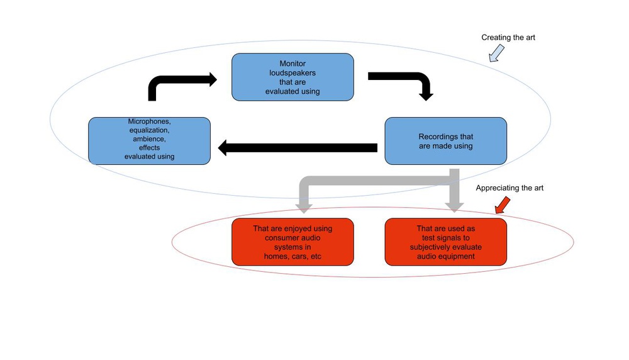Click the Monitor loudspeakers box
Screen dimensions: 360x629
tap(292, 77)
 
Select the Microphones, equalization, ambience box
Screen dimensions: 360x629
tap(149, 140)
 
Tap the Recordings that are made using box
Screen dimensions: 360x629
tap(445, 141)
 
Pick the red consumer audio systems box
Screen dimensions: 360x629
tap(292, 242)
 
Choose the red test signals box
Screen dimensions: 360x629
tap(445, 242)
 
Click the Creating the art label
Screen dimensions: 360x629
tap(508, 38)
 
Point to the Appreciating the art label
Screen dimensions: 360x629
tap(509, 188)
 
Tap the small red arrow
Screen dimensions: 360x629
tap(502, 205)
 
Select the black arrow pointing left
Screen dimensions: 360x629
tap(296, 149)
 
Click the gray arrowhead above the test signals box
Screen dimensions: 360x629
tap(454, 205)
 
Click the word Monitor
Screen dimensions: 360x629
tap(292, 64)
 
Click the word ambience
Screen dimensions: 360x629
tap(148, 139)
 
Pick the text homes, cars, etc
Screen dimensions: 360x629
tap(292, 256)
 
